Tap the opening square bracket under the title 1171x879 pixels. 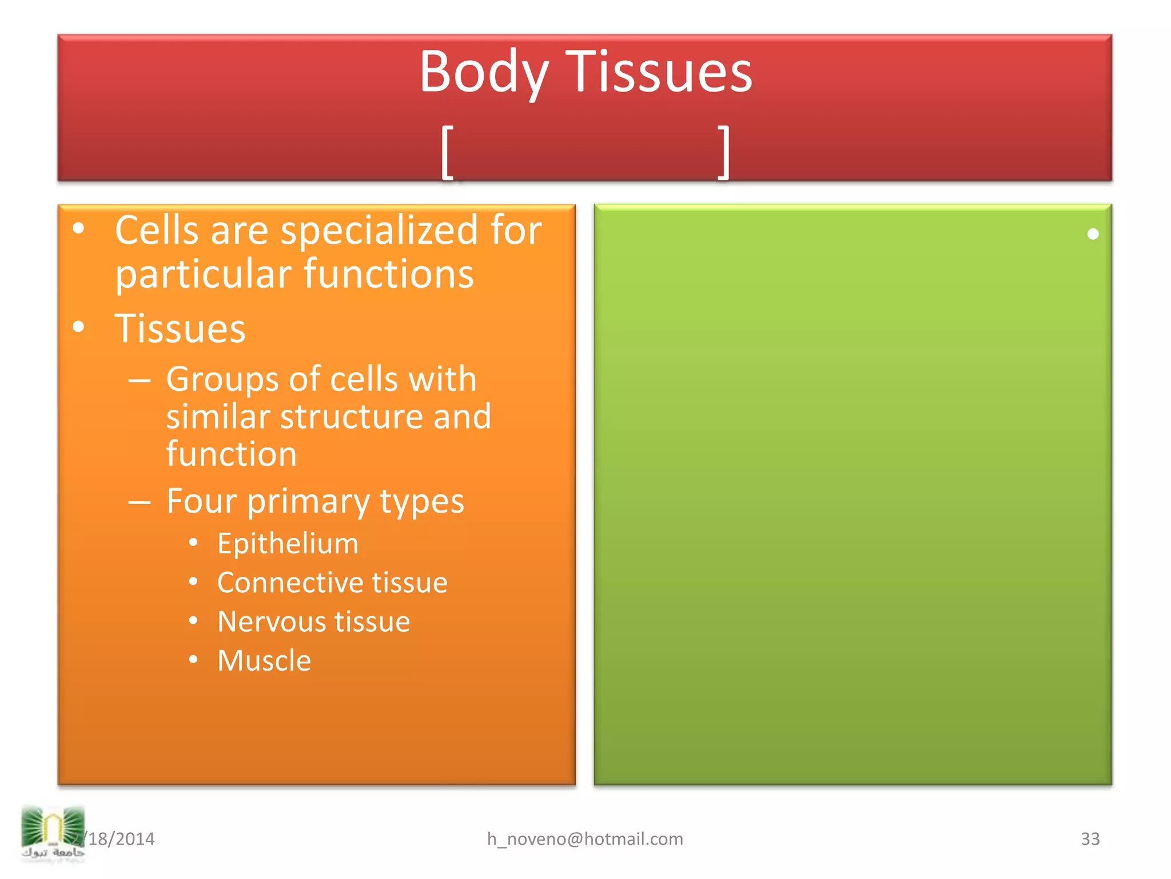click(448, 152)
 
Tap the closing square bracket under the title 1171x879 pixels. click(724, 152)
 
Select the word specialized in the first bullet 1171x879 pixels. click(379, 231)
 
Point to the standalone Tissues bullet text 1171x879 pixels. click(180, 328)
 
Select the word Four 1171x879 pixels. click(201, 501)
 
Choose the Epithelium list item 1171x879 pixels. click(288, 543)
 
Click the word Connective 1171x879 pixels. click(290, 583)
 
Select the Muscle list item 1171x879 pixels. click(264, 660)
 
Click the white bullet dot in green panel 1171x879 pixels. click(1093, 234)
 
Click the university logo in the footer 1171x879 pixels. click(53, 833)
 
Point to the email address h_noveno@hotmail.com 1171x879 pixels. click(585, 839)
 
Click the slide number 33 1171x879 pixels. click(1090, 839)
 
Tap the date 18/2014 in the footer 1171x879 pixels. click(121, 839)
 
